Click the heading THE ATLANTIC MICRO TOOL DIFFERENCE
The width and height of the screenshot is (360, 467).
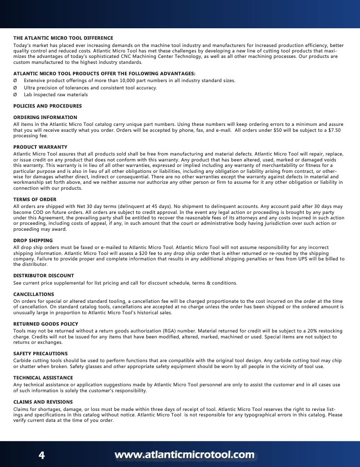63,38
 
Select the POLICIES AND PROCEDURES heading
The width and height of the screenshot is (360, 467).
47,106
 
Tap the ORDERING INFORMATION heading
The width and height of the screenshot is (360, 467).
45,117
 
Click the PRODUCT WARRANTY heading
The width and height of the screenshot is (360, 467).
40,147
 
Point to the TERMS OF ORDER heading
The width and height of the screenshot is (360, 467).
35,199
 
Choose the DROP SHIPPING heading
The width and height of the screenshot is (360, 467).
33,240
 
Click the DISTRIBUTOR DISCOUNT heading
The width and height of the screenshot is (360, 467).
43,275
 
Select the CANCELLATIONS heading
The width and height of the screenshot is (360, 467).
33,294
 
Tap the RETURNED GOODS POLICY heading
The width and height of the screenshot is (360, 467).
46,324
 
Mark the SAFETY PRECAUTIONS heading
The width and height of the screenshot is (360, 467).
40,353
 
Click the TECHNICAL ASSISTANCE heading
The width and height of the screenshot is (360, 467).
43,378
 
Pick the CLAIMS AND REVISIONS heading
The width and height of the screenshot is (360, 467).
43,402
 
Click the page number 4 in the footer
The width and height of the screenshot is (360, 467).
41,455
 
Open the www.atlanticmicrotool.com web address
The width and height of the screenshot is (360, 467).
184,455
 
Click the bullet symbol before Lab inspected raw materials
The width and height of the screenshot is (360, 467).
15,95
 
